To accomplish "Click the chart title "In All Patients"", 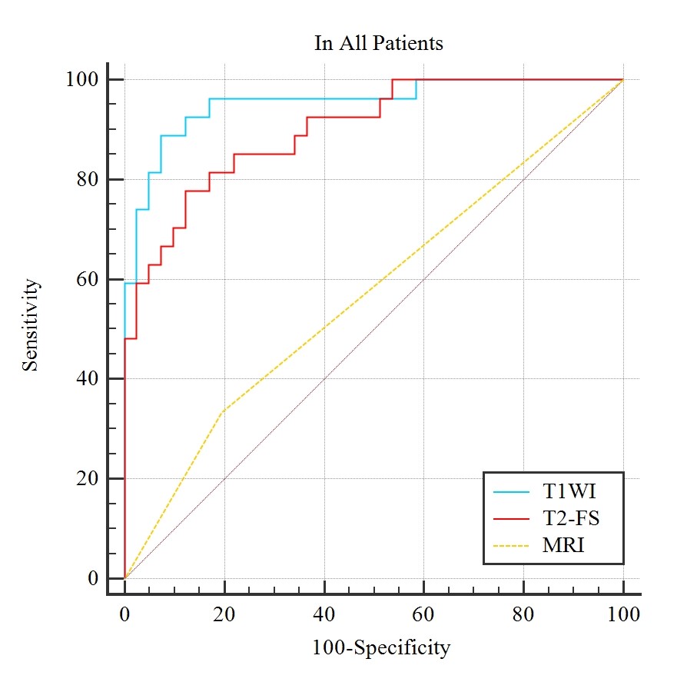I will [378, 43].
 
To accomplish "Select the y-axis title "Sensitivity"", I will [30, 325].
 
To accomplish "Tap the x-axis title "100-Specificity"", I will [380, 648].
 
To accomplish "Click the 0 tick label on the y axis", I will [94, 578].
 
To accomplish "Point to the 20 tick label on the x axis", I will [224, 614].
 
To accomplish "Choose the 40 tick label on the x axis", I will [324, 614].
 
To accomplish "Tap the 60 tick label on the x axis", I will [423, 614].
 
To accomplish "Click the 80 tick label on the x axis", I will [523, 614].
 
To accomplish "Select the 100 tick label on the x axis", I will [622, 614].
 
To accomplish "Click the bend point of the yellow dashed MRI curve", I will [222, 411].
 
